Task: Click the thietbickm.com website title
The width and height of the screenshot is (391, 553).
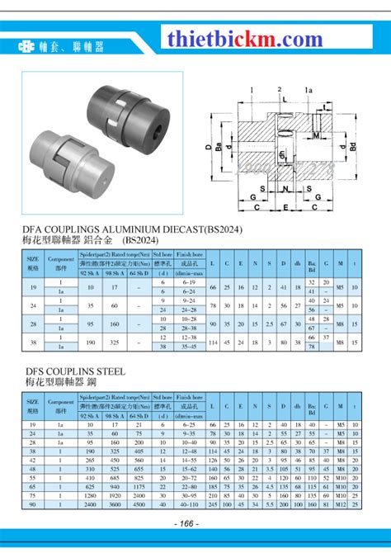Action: point(245,39)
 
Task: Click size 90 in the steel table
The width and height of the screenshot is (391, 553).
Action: point(34,503)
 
